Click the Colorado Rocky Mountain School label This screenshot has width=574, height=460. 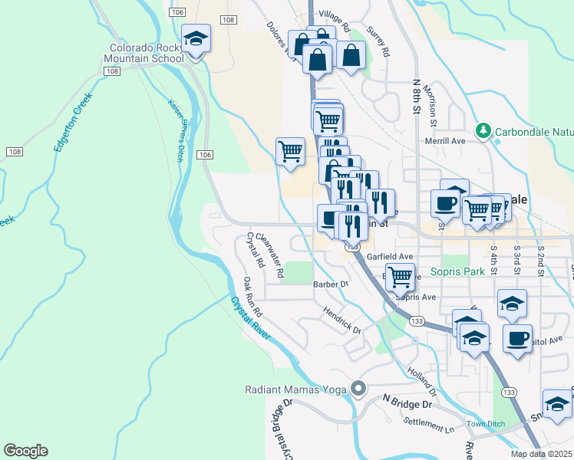tap(146, 52)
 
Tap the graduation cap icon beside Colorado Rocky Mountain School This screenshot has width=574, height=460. tap(196, 39)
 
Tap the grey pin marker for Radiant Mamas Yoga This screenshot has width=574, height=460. tap(357, 389)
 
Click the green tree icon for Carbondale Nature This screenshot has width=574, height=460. tap(483, 131)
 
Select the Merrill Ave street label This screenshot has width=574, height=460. tap(446, 141)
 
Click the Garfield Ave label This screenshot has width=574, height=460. tap(390, 256)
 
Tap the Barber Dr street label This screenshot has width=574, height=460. tap(331, 284)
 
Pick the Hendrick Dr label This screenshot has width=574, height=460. tap(341, 320)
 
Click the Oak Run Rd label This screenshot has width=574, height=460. tap(253, 297)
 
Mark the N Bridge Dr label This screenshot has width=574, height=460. tap(407, 402)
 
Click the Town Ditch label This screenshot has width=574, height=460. tap(485, 424)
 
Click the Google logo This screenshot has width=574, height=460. tap(25, 451)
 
